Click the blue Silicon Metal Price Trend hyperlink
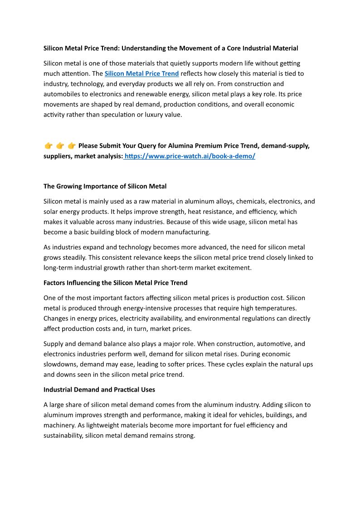[x=141, y=73]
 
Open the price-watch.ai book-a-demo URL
[x=190, y=156]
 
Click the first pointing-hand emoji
[x=49, y=146]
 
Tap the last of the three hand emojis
[x=71, y=146]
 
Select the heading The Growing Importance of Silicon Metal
[x=105, y=186]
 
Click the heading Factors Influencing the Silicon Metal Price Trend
[x=115, y=283]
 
